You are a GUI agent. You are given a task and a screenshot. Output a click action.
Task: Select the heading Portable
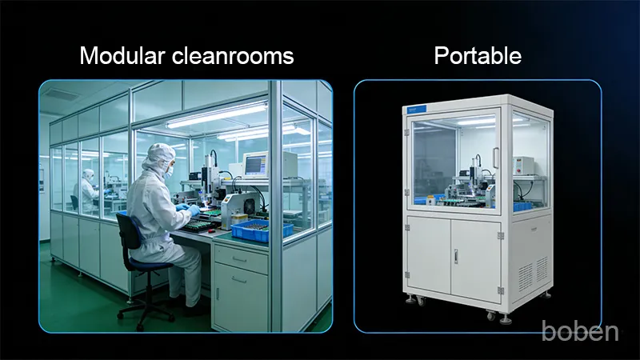point(478,56)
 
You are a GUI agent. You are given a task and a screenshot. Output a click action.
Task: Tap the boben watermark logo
point(580,330)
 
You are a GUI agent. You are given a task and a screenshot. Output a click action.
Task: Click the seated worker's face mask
point(169,169)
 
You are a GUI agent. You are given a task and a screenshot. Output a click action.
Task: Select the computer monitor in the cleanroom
point(255,164)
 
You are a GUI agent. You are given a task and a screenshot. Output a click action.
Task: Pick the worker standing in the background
point(86,190)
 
